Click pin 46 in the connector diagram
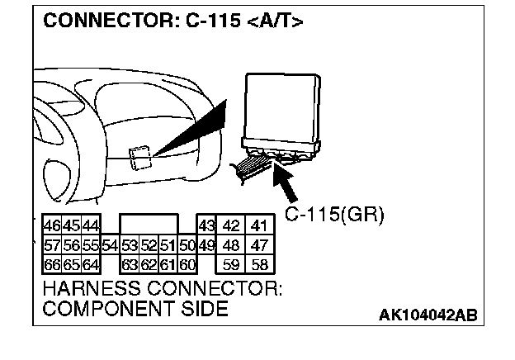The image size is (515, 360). [x=50, y=225]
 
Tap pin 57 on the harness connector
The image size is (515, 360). [x=50, y=245]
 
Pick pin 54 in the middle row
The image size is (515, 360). [x=111, y=245]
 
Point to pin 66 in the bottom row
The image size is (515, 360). [x=50, y=265]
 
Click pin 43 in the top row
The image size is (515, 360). [x=206, y=225]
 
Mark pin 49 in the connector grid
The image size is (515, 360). [x=206, y=245]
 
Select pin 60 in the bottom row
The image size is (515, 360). [x=187, y=265]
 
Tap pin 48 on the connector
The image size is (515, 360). [x=232, y=245]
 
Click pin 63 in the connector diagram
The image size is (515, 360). [x=129, y=265]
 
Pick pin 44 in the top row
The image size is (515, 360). [x=90, y=225]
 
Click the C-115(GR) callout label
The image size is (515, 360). [x=334, y=215]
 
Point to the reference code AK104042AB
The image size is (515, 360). [x=428, y=315]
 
